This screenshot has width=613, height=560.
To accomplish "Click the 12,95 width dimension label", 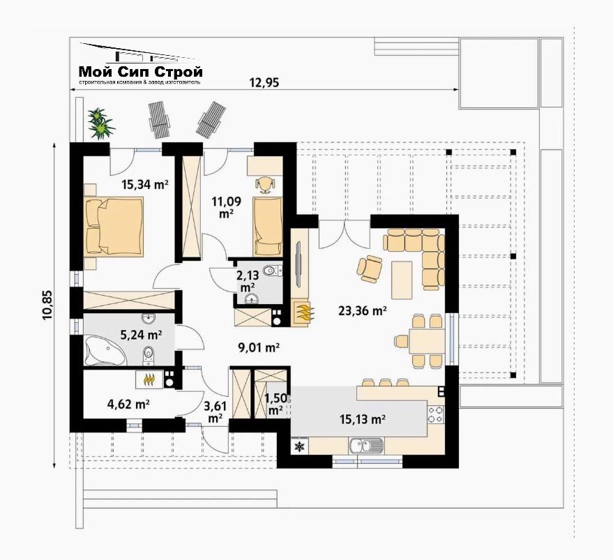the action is pyautogui.click(x=264, y=82).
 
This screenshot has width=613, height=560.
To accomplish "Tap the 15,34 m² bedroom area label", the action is pyautogui.click(x=145, y=184).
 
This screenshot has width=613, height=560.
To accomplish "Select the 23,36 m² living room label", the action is pyautogui.click(x=363, y=310).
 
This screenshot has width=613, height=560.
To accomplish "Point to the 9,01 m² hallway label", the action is pyautogui.click(x=259, y=347).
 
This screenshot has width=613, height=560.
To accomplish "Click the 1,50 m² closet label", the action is pyautogui.click(x=276, y=404).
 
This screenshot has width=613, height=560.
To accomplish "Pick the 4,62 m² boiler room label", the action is pyautogui.click(x=128, y=404).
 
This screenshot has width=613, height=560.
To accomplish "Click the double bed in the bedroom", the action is pyautogui.click(x=114, y=227).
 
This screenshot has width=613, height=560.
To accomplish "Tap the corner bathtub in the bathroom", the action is pyautogui.click(x=105, y=351).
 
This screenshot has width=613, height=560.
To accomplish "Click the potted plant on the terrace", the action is pyautogui.click(x=101, y=123).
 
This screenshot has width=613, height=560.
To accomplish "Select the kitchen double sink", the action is pyautogui.click(x=366, y=446).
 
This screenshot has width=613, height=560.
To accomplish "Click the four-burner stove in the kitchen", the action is pyautogui.click(x=436, y=414).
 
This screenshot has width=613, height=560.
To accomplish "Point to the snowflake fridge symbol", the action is pyautogui.click(x=299, y=446).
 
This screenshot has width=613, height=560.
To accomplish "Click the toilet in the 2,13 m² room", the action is pyautogui.click(x=271, y=270).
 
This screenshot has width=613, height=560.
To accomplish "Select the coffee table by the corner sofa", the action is pyautogui.click(x=402, y=280).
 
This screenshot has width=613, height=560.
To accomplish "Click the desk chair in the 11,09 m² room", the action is pyautogui.click(x=265, y=185).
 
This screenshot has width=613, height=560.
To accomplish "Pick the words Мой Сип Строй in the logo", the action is pyautogui.click(x=141, y=72).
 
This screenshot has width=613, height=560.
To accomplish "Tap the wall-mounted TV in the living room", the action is pyautogui.click(x=298, y=265).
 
